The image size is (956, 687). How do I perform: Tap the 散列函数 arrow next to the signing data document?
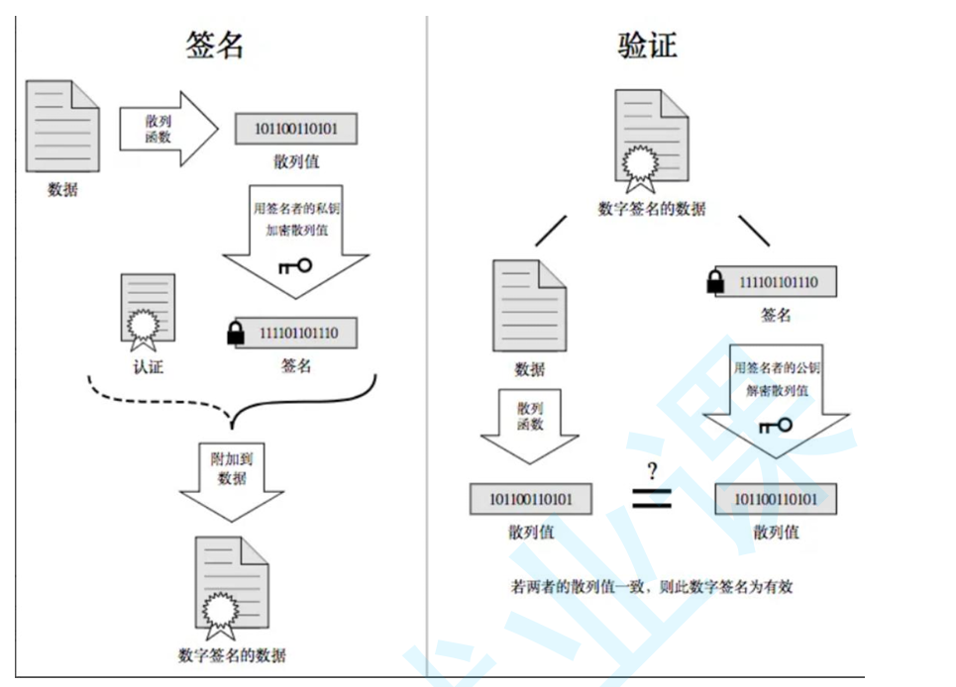tap(165, 129)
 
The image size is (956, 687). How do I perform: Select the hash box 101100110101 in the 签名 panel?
tap(294, 129)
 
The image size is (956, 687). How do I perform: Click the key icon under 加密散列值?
tap(295, 264)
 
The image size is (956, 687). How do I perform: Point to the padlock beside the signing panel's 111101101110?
tap(235, 335)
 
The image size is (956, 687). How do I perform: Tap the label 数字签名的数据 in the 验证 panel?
tap(651, 208)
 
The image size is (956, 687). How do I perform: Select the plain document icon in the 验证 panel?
tap(530, 305)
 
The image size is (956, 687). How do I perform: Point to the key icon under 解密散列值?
tap(775, 426)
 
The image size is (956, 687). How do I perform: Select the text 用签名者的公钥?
tap(777, 368)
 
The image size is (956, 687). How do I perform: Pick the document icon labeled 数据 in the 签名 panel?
tap(62, 127)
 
